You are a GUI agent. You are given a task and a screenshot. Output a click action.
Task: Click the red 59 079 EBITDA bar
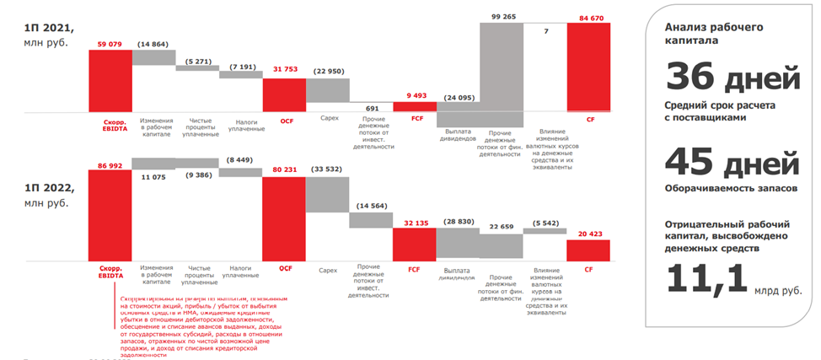click(110, 81)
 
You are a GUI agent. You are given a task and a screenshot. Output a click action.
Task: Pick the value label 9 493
click(415, 95)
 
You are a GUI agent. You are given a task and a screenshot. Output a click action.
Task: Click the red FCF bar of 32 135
click(414, 244)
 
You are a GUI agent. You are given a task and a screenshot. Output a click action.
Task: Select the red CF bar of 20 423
click(588, 250)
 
